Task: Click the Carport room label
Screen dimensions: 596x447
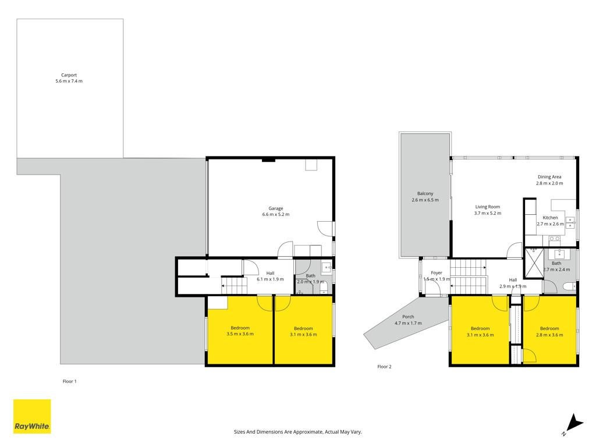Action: pyautogui.click(x=69, y=75)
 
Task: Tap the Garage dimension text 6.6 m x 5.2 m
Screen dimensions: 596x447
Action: pyautogui.click(x=275, y=214)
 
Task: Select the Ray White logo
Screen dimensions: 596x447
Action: pyautogui.click(x=32, y=416)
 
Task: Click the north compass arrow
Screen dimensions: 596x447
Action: pyautogui.click(x=574, y=424)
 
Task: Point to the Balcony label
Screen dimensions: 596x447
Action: pyautogui.click(x=425, y=193)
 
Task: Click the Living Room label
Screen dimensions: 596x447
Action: pyautogui.click(x=488, y=207)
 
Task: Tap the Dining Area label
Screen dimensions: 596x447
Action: pyautogui.click(x=549, y=177)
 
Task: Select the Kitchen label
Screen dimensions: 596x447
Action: pyautogui.click(x=550, y=218)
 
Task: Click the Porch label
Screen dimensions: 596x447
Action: pyautogui.click(x=408, y=317)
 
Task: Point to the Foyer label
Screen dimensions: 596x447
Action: pyautogui.click(x=437, y=273)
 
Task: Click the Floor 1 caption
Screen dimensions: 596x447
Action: pyautogui.click(x=70, y=381)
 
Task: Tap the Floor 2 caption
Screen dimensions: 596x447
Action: pyautogui.click(x=384, y=367)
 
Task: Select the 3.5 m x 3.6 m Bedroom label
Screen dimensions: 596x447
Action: pyautogui.click(x=240, y=331)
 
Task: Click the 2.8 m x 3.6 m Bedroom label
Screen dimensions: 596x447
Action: pyautogui.click(x=549, y=331)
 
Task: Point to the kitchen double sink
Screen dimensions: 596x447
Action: pyautogui.click(x=570, y=223)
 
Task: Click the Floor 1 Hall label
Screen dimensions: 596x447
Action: pyautogui.click(x=270, y=273)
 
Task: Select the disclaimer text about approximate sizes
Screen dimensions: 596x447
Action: pyautogui.click(x=297, y=432)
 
